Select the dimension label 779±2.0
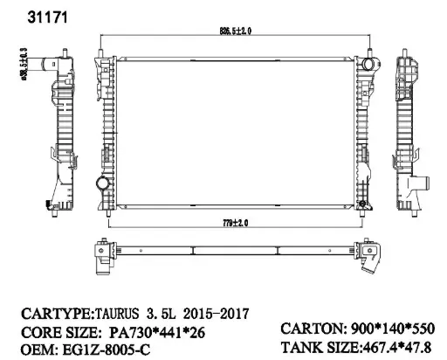click(x=233, y=223)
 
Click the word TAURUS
click(x=117, y=310)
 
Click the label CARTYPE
click(x=47, y=310)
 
